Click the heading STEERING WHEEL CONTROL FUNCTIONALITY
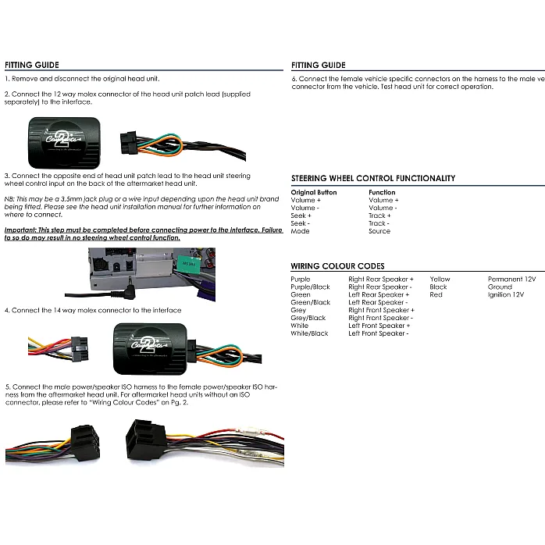pyautogui.click(x=373, y=178)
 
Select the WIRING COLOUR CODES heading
pyautogui.click(x=337, y=266)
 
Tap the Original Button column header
pyautogui.click(x=314, y=192)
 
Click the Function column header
pyautogui.click(x=382, y=192)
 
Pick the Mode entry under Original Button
pyautogui.click(x=300, y=231)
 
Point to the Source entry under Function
pyautogui.click(x=379, y=231)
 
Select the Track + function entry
pyautogui.click(x=379, y=216)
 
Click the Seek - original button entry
pyautogui.click(x=300, y=223)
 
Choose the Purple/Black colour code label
pyautogui.click(x=311, y=287)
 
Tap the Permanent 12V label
pyautogui.click(x=511, y=279)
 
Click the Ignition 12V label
pyautogui.click(x=506, y=294)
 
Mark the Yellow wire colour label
pyautogui.click(x=440, y=279)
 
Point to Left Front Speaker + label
pyautogui.click(x=379, y=326)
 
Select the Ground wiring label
pyautogui.click(x=500, y=287)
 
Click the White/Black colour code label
pyautogui.click(x=309, y=333)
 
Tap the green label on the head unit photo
pyautogui.click(x=189, y=264)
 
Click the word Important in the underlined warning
pyautogui.click(x=20, y=230)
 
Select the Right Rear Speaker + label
pyautogui.click(x=381, y=279)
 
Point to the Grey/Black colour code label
pyautogui.click(x=308, y=318)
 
